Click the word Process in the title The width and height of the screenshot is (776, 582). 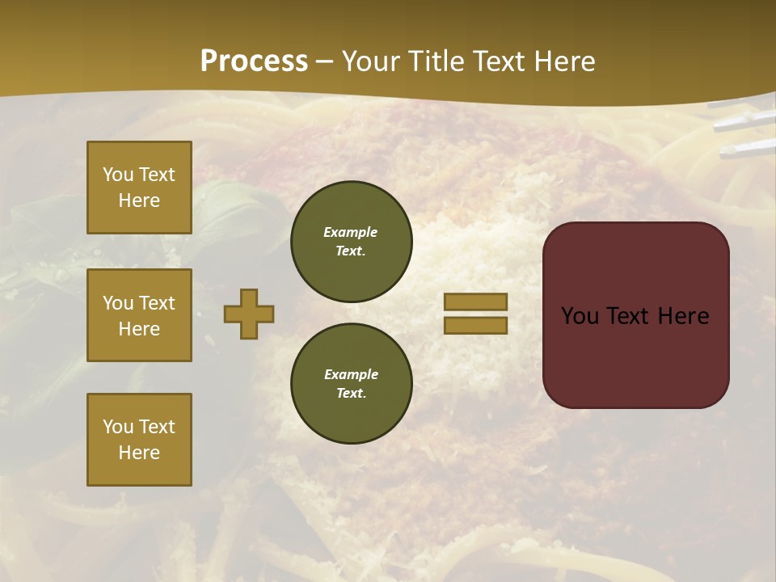pyautogui.click(x=254, y=61)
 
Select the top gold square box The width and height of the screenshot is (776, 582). pyautogui.click(x=139, y=188)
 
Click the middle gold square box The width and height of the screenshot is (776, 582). pyautogui.click(x=139, y=315)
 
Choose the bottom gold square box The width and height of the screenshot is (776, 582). pyautogui.click(x=139, y=440)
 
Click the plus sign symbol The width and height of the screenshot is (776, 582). pyautogui.click(x=249, y=314)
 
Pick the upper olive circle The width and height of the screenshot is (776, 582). pyautogui.click(x=351, y=242)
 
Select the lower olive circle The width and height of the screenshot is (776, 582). pyautogui.click(x=351, y=384)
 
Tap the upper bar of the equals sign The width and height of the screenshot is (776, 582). pyautogui.click(x=475, y=302)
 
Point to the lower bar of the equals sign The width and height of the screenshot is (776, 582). pyautogui.click(x=475, y=325)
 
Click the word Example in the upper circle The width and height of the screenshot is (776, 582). pyautogui.click(x=350, y=232)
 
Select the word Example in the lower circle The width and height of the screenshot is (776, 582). pyautogui.click(x=351, y=374)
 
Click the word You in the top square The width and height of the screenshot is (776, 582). pyautogui.click(x=118, y=175)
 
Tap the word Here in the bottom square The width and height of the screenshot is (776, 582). pyautogui.click(x=139, y=453)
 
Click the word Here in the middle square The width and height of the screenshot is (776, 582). pyautogui.click(x=139, y=329)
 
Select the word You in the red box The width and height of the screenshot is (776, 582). pyautogui.click(x=580, y=316)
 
